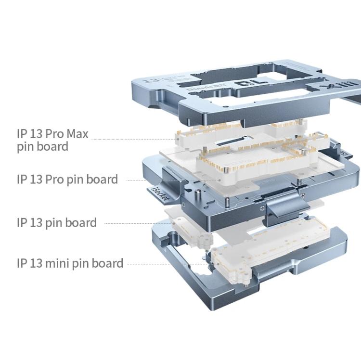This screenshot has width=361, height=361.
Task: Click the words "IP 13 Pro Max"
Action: coord(52,133)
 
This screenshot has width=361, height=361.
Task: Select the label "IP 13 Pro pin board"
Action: coord(67,180)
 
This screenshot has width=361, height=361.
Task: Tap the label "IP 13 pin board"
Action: coord(56,222)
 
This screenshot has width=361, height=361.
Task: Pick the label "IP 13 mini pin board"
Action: coord(70,263)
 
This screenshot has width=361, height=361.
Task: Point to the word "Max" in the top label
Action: coord(77,133)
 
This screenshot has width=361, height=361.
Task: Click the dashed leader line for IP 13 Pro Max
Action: coord(135,139)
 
